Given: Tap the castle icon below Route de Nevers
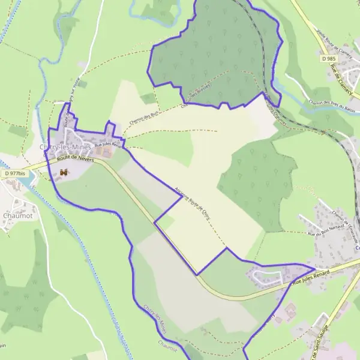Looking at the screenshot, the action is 64,173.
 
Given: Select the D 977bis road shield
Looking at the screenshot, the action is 13,174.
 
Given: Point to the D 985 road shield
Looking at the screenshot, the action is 328,59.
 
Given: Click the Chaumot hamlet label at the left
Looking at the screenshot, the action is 16,215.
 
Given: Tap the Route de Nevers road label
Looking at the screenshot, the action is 76,158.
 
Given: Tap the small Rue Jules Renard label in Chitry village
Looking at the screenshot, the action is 107,143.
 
